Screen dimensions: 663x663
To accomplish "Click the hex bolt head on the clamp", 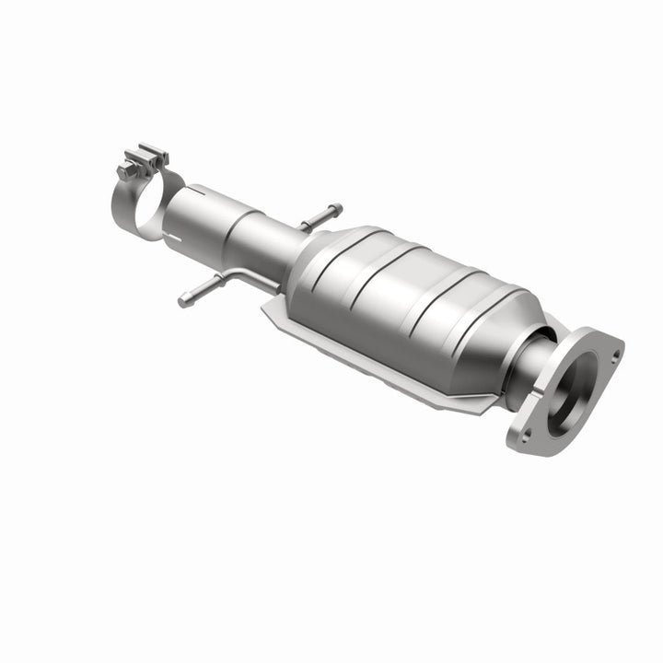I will [x=126, y=170].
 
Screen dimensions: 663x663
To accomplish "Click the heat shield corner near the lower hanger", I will [x=267, y=311].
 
